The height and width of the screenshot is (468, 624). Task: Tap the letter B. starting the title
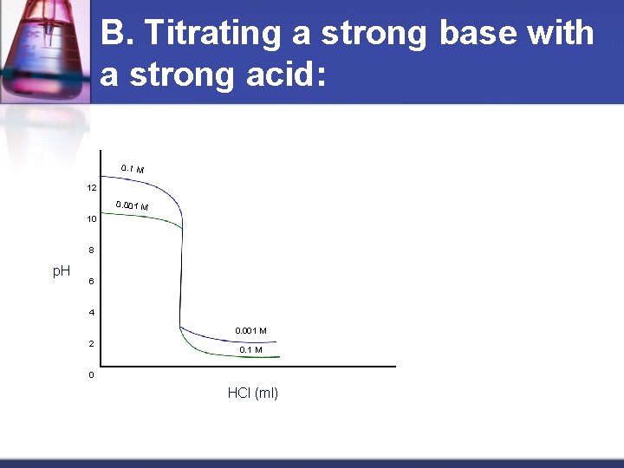pos(117,34)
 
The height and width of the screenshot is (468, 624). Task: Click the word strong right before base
pos(374,34)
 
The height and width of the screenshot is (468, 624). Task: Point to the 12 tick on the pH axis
pos(91,187)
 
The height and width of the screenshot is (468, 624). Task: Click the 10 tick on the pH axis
pos(91,219)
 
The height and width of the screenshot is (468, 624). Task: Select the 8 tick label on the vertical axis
pos(91,250)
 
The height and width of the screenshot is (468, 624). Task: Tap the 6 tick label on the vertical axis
pos(91,282)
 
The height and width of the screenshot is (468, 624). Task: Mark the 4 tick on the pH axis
pos(91,313)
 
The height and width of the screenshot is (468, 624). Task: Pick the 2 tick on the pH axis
pos(91,344)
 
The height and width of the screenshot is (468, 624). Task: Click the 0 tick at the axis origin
pos(91,375)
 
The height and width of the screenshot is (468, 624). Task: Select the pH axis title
pos(62,271)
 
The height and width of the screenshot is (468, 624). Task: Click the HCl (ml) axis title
pos(253,393)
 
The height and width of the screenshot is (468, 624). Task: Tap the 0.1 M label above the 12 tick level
pos(133,168)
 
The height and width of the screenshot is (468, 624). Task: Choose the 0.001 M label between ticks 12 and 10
pos(133,206)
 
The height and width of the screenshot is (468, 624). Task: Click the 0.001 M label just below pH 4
pos(250,330)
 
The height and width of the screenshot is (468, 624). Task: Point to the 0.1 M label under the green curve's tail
pos(250,350)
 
